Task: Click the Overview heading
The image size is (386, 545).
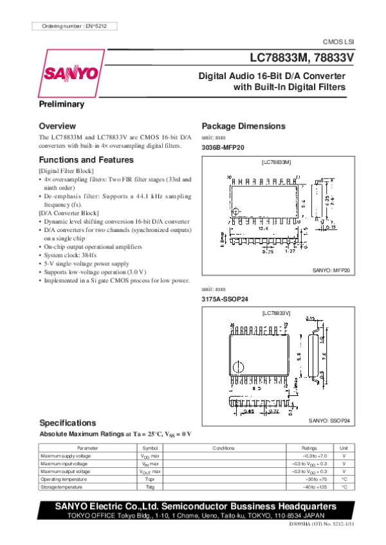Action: click(x=57, y=126)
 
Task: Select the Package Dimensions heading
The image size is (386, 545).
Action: click(x=243, y=126)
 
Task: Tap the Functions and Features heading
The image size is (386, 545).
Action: click(x=86, y=159)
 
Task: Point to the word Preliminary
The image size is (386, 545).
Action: click(x=62, y=104)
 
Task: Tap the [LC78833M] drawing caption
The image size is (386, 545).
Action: click(x=277, y=162)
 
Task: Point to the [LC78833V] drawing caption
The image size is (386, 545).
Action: click(x=277, y=313)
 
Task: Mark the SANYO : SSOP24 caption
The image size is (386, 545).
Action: click(x=329, y=420)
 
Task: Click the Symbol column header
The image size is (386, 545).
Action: click(x=150, y=447)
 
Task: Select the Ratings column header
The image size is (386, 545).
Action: click(x=309, y=447)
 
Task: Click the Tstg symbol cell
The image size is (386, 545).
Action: click(x=150, y=488)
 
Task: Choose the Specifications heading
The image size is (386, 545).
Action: click(x=68, y=423)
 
